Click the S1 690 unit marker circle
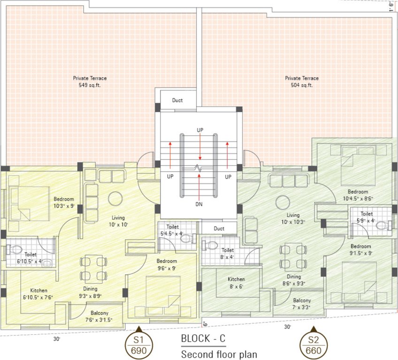(x=138, y=345)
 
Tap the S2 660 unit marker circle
(x=314, y=345)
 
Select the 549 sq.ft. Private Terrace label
(x=90, y=82)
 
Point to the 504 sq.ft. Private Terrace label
(x=302, y=82)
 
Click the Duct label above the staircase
(x=177, y=100)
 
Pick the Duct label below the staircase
(x=219, y=229)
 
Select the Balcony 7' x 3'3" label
(x=302, y=304)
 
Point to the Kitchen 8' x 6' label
(x=237, y=282)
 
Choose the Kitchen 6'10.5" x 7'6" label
(x=38, y=293)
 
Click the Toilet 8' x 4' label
(x=228, y=254)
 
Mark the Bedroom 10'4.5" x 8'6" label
(x=358, y=195)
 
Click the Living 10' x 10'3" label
(x=293, y=218)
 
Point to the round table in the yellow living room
(x=115, y=198)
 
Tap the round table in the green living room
(x=283, y=202)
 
